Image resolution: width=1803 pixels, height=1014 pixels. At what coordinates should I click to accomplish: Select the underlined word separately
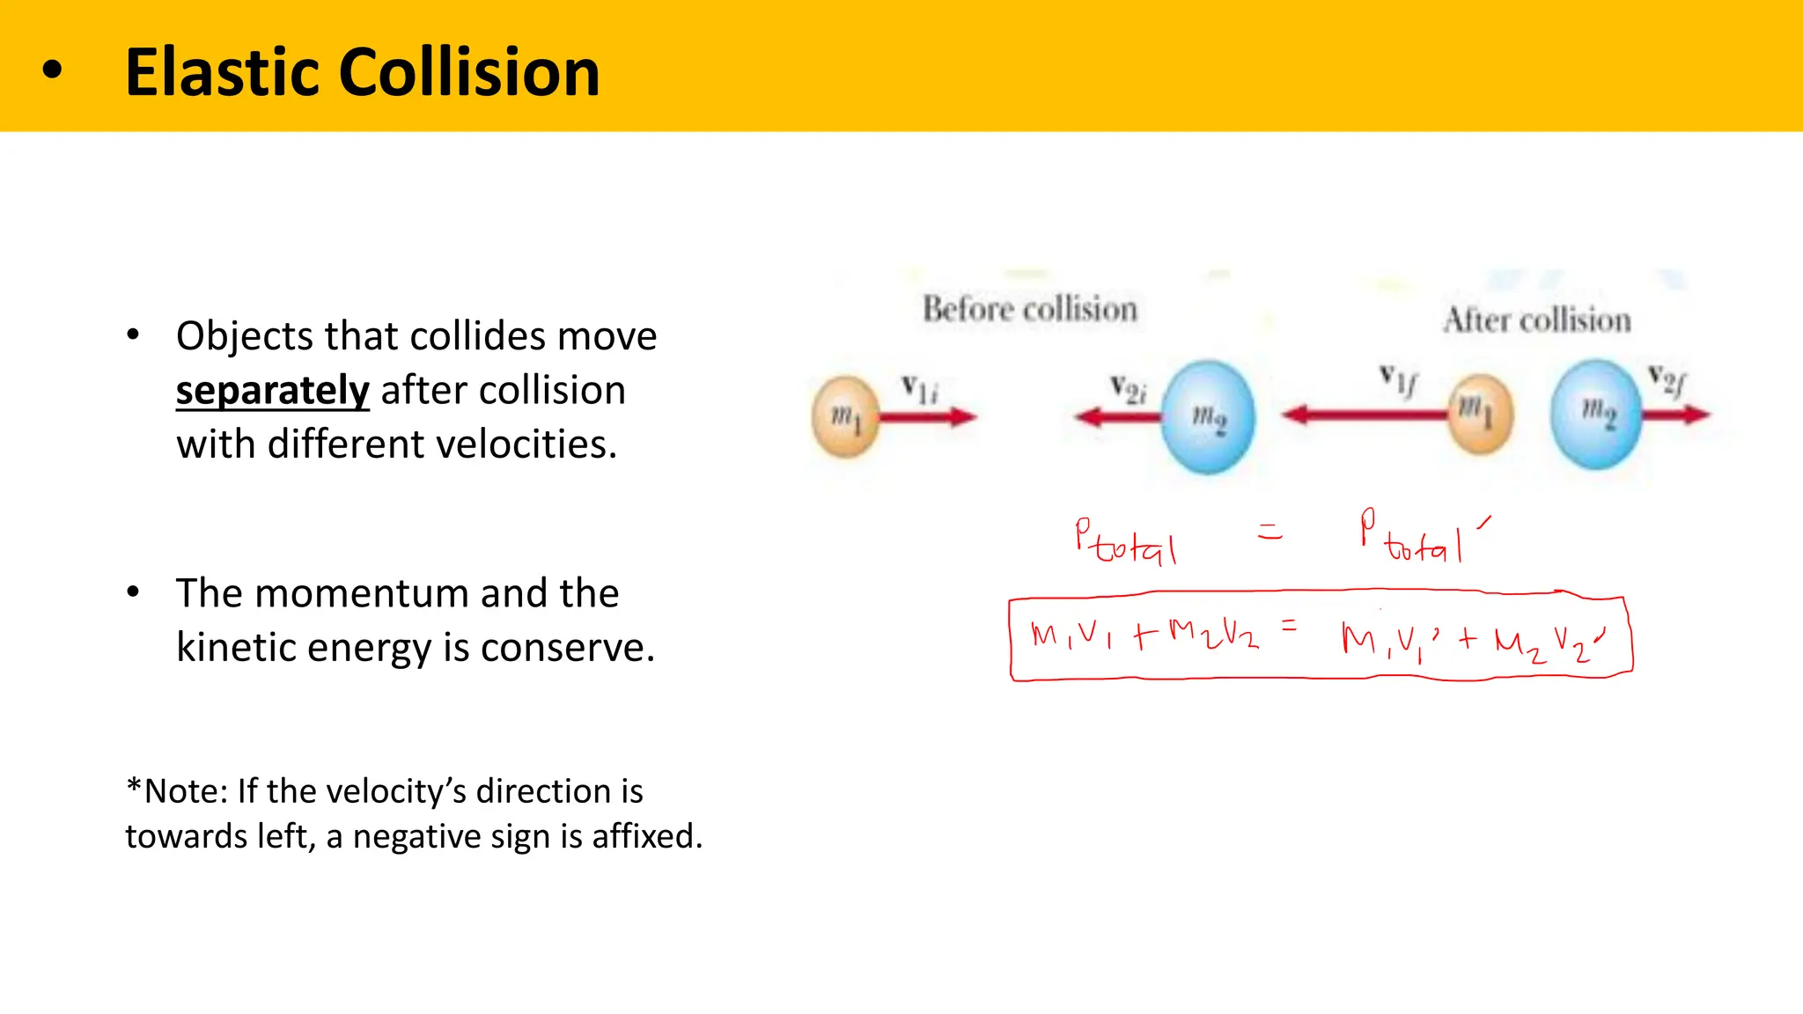[272, 390]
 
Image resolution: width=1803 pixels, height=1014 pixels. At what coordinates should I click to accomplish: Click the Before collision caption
[1029, 310]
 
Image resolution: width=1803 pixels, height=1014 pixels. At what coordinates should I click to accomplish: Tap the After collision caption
[1537, 320]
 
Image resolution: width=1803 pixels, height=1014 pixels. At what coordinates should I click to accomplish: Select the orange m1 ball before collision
[845, 416]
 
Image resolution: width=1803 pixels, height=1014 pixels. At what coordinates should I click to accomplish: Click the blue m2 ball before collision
[1208, 416]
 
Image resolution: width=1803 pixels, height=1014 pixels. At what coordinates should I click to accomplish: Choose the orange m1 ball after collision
[1481, 413]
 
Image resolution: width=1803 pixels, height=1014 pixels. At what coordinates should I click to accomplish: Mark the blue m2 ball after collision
[1595, 413]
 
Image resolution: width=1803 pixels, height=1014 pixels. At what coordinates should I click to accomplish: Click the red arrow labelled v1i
[928, 417]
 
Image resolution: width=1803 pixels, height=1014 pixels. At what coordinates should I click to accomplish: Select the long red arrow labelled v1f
[1365, 414]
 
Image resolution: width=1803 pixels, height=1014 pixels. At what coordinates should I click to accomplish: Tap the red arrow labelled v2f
[1675, 414]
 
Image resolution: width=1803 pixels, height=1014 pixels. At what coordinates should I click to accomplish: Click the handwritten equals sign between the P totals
[1269, 531]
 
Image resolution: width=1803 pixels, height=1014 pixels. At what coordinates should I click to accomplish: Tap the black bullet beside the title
[53, 70]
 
